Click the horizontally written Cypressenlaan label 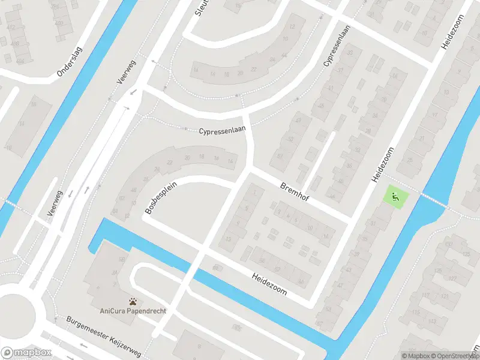click(223, 130)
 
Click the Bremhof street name click(295, 191)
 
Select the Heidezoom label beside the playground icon click(384, 164)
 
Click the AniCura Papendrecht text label click(133, 311)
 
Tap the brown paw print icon click(133, 301)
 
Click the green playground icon click(395, 195)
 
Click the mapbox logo click(26, 352)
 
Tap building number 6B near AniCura click(122, 259)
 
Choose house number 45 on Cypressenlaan click(322, 106)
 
